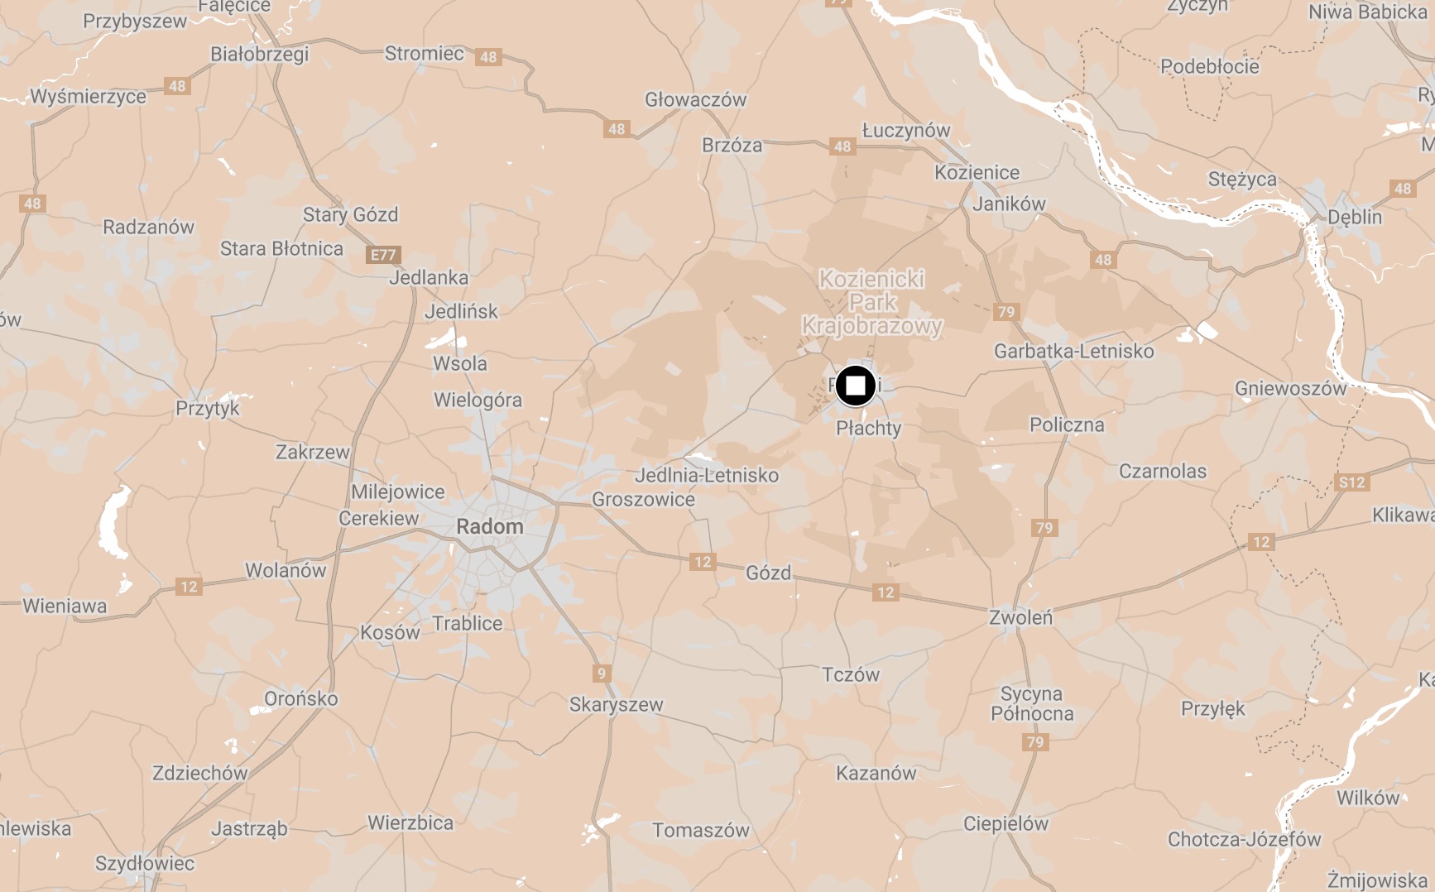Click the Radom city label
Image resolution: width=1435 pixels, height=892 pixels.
pyautogui.click(x=489, y=527)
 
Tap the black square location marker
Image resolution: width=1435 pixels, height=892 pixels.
pyautogui.click(x=855, y=386)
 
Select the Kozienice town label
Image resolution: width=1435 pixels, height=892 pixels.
pyautogui.click(x=977, y=173)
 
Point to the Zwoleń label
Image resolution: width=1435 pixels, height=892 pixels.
pyautogui.click(x=1020, y=617)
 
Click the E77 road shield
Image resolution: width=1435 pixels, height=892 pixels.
pyautogui.click(x=383, y=255)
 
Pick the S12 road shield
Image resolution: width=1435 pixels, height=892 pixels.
pyautogui.click(x=1351, y=482)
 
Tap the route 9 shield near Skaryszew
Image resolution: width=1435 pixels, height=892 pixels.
pyautogui.click(x=602, y=674)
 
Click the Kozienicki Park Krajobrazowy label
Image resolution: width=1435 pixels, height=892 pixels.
pyautogui.click(x=872, y=303)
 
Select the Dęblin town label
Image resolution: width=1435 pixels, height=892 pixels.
pyautogui.click(x=1354, y=218)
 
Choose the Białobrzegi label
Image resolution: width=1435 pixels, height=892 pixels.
pyautogui.click(x=259, y=55)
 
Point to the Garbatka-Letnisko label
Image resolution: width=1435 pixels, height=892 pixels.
pyautogui.click(x=1073, y=352)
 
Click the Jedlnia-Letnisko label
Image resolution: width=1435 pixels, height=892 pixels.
pyautogui.click(x=706, y=476)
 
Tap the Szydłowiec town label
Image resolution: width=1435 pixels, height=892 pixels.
pyautogui.click(x=145, y=864)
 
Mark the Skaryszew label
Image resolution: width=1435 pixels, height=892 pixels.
pyautogui.click(x=616, y=705)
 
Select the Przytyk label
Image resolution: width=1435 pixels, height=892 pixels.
pyautogui.click(x=207, y=408)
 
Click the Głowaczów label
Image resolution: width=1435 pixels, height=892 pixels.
pyautogui.click(x=695, y=100)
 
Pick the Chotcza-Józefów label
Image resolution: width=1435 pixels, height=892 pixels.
pyautogui.click(x=1244, y=840)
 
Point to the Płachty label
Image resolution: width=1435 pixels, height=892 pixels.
pyautogui.click(x=868, y=429)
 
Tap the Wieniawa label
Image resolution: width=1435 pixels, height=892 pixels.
pyautogui.click(x=65, y=607)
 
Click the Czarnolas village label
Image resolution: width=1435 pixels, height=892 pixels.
pyautogui.click(x=1162, y=472)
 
